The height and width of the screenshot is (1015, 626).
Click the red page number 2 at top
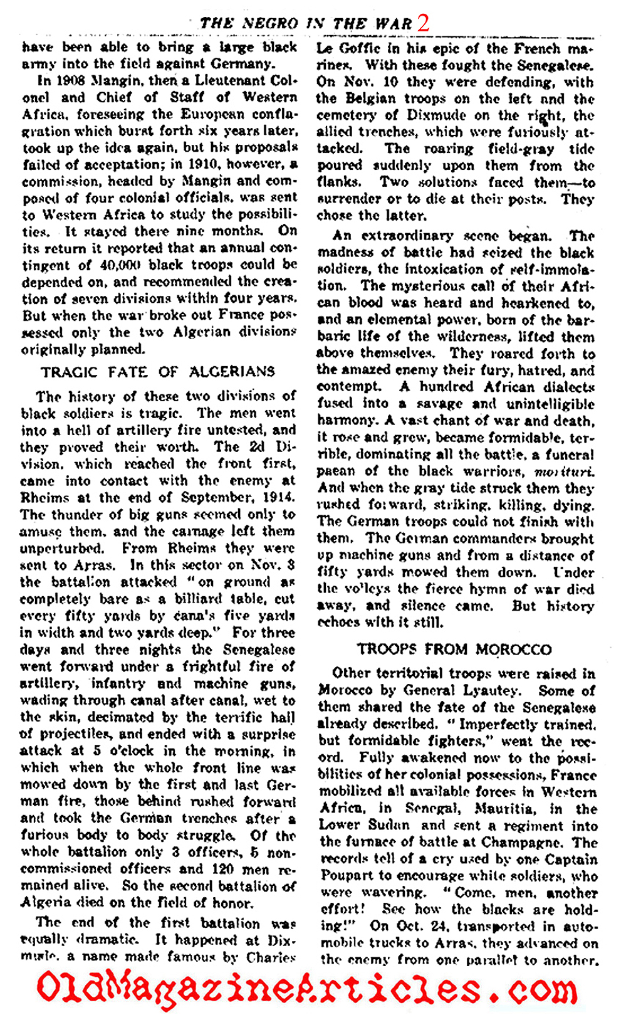424,23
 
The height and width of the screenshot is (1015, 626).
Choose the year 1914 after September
276,498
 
